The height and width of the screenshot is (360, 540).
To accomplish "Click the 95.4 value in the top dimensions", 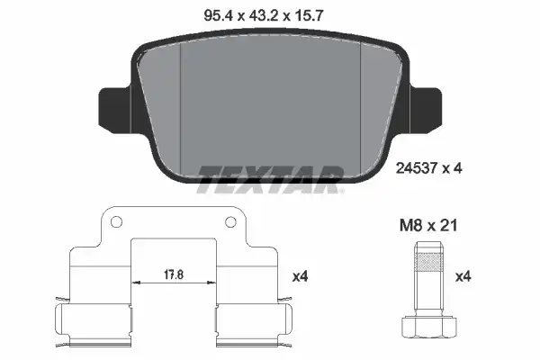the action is click(219, 16).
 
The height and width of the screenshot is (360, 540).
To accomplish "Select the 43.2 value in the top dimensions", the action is click(263, 16).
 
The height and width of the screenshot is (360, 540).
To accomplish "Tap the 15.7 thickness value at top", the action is click(308, 16).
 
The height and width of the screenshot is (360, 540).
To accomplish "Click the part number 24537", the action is click(417, 168).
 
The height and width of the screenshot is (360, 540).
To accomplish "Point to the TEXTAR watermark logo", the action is click(270, 179).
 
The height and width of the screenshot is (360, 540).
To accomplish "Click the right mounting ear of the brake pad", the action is click(426, 110).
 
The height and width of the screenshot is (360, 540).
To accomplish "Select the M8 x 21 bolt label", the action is click(428, 226).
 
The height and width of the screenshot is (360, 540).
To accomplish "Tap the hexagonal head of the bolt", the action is click(429, 326).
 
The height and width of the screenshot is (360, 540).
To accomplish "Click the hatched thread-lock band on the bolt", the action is click(428, 263).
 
